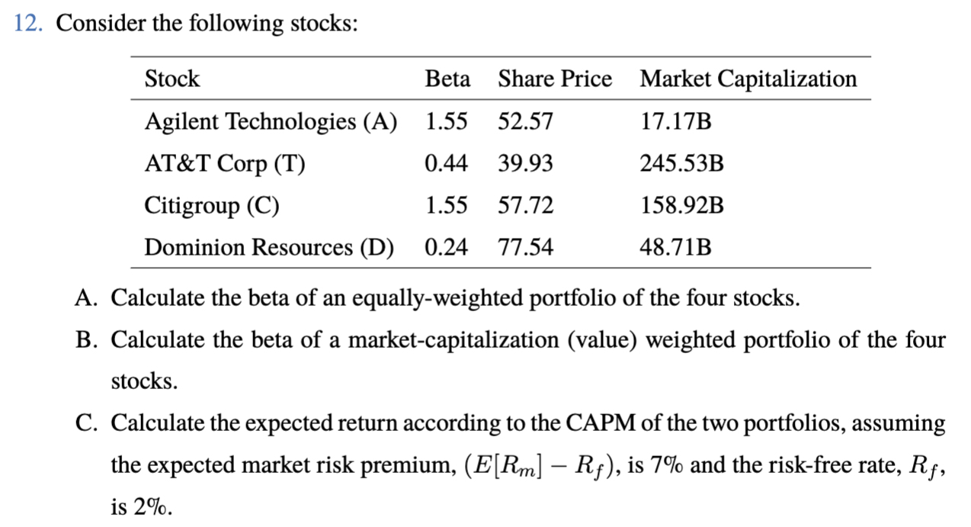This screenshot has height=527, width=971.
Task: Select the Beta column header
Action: pos(447,79)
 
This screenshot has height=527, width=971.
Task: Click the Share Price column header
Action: pos(554,79)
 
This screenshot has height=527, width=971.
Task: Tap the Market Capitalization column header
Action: pos(748,79)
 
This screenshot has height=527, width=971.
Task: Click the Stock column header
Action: pos(171,79)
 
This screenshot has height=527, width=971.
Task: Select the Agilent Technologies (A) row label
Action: pos(271,122)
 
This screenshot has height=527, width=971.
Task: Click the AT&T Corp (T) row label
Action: pos(225,164)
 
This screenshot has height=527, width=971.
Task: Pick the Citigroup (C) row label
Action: pos(212,206)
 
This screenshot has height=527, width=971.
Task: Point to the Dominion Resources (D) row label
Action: pos(269,248)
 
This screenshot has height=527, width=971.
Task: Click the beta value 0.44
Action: pos(447,164)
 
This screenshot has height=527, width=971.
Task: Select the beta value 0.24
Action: pos(447,248)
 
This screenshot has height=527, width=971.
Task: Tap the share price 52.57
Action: pos(525,122)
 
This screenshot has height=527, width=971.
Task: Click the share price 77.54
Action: pos(525,248)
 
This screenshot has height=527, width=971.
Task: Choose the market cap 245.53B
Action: pos(681,164)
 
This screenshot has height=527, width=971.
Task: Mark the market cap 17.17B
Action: pos(675,122)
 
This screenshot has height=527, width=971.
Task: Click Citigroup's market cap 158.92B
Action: pos(681,206)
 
